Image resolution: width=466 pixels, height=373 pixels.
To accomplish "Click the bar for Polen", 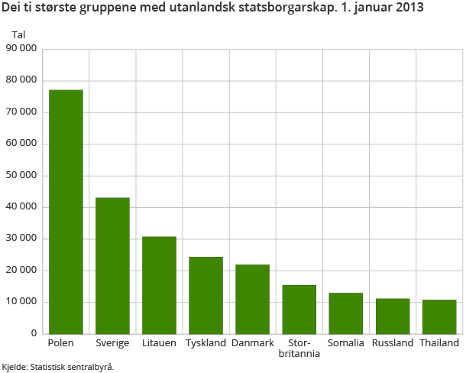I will [66, 212].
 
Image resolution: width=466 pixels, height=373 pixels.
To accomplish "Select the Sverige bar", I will [112, 265].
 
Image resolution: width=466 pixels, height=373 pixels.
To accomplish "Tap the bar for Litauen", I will [159, 285].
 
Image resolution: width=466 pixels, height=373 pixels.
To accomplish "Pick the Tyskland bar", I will [205, 295].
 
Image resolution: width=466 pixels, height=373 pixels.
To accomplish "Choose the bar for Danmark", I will [252, 299].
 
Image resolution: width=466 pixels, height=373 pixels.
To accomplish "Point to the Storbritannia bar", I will [299, 310].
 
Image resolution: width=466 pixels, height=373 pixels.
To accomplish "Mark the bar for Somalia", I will [345, 313].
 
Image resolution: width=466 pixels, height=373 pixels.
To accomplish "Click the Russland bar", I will [393, 316].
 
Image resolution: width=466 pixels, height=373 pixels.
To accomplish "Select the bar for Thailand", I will [439, 316].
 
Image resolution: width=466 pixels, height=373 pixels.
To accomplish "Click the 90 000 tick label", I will [22, 49].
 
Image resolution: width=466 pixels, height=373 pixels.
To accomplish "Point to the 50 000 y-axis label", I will [22, 176].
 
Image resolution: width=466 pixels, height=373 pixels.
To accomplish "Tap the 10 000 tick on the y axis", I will [22, 302].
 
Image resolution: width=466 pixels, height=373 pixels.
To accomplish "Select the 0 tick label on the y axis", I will [34, 334].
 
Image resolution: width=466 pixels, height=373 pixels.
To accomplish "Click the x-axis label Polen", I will [61, 343].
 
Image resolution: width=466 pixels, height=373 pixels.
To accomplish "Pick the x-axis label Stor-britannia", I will [299, 349].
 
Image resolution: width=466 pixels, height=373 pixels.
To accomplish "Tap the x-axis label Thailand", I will [439, 343].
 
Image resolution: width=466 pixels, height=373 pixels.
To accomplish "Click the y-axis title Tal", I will [18, 34].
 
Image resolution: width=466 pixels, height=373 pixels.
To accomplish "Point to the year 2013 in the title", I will [409, 9].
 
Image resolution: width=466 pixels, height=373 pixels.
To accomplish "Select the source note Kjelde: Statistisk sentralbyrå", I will [57, 367].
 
